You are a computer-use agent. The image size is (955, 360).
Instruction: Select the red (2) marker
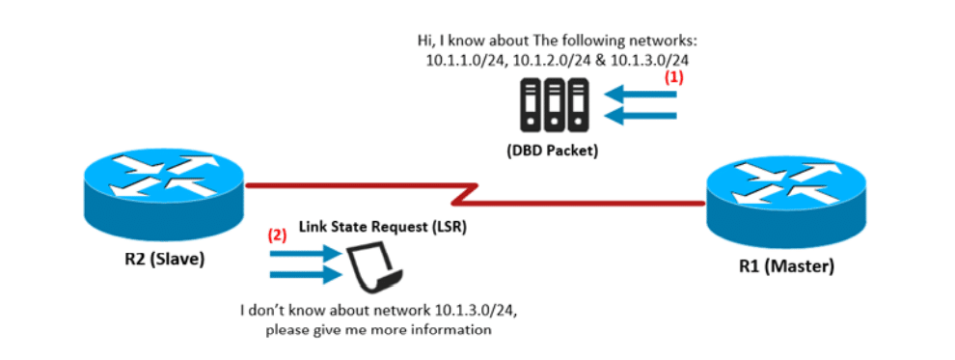[x=278, y=236]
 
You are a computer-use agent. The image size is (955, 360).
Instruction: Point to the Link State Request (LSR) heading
[x=383, y=228]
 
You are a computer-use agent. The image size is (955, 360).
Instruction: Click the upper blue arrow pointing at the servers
[x=641, y=95]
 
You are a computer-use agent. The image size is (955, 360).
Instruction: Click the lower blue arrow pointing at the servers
[x=641, y=115]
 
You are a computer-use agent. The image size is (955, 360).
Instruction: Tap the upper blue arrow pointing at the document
[x=305, y=253]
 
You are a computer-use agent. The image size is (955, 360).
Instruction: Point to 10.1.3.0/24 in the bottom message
[x=477, y=311]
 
